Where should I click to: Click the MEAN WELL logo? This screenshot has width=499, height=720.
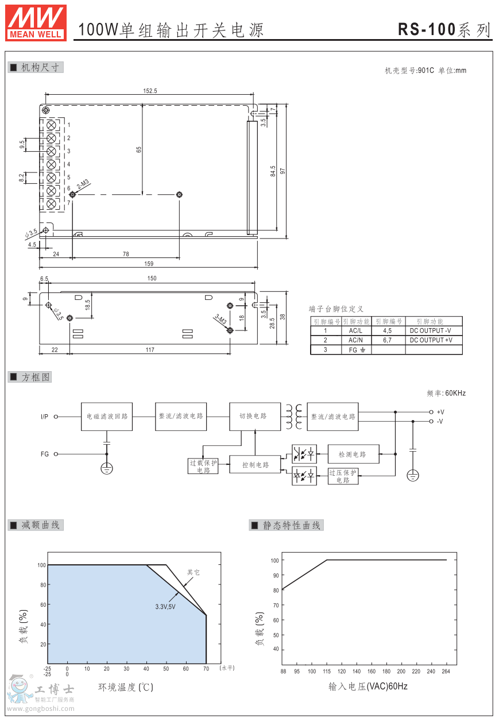pyautogui.click(x=36, y=22)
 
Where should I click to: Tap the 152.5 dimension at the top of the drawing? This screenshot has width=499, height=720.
pyautogui.click(x=150, y=91)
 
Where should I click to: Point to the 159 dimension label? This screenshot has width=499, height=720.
pyautogui.click(x=149, y=264)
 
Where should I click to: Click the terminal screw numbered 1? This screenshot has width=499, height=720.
pyautogui.click(x=51, y=125)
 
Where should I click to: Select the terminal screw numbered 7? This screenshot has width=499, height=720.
pyautogui.click(x=51, y=203)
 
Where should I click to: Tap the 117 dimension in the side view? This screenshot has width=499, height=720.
pyautogui.click(x=150, y=349)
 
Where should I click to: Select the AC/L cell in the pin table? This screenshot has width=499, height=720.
pyautogui.click(x=356, y=330)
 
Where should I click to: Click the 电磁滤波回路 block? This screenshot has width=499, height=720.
pyautogui.click(x=107, y=417)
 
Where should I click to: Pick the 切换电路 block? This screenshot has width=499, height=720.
pyautogui.click(x=256, y=417)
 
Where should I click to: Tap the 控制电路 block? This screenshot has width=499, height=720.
pyautogui.click(x=256, y=464)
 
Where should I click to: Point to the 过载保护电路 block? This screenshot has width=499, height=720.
pyautogui.click(x=203, y=466)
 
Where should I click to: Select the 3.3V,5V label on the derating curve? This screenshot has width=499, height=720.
pyautogui.click(x=165, y=606)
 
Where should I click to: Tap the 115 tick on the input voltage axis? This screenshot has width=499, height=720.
pyautogui.click(x=327, y=671)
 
